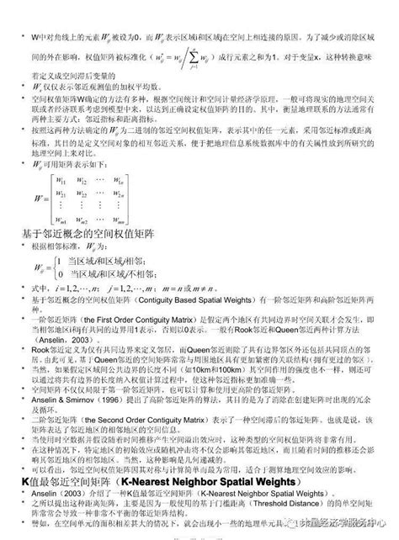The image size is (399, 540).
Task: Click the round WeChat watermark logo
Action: [301, 522]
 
